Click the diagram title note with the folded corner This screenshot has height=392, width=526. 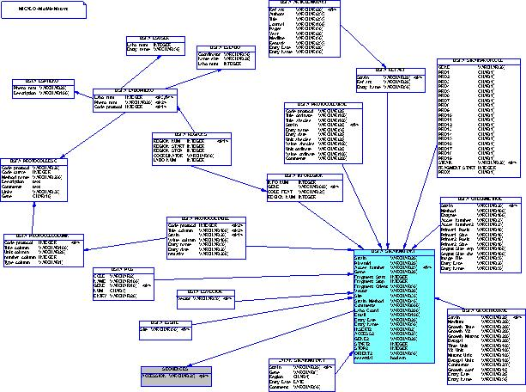[x=43, y=9]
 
